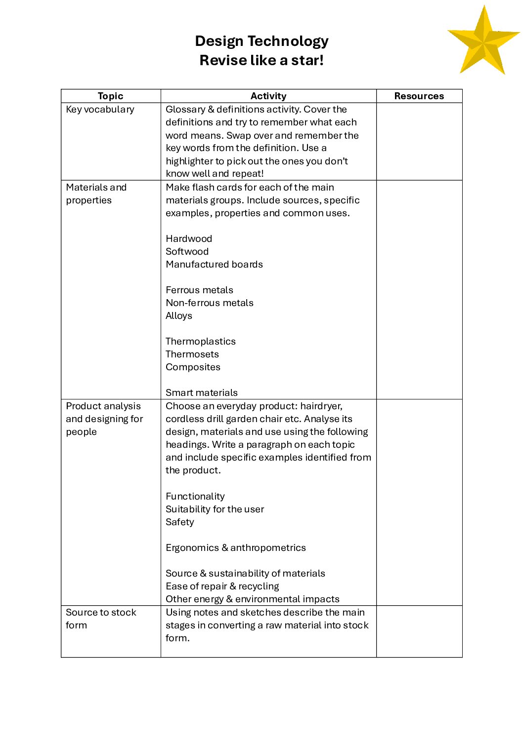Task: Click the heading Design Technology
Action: click(261, 41)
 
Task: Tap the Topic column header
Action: click(110, 96)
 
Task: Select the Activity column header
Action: click(268, 96)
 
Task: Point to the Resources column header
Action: click(419, 96)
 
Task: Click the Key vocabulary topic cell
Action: click(100, 110)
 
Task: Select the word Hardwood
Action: click(189, 239)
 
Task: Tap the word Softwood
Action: click(187, 252)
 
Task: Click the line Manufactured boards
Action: click(214, 265)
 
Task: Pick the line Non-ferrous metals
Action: click(210, 303)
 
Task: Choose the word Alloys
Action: click(179, 316)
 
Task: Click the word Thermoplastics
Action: click(200, 342)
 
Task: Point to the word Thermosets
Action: click(192, 354)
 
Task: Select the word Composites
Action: click(193, 367)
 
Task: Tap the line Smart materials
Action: click(201, 393)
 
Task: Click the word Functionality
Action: click(195, 497)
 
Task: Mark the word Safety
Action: click(179, 522)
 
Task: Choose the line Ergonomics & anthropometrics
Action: click(235, 548)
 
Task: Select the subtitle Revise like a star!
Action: click(261, 60)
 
